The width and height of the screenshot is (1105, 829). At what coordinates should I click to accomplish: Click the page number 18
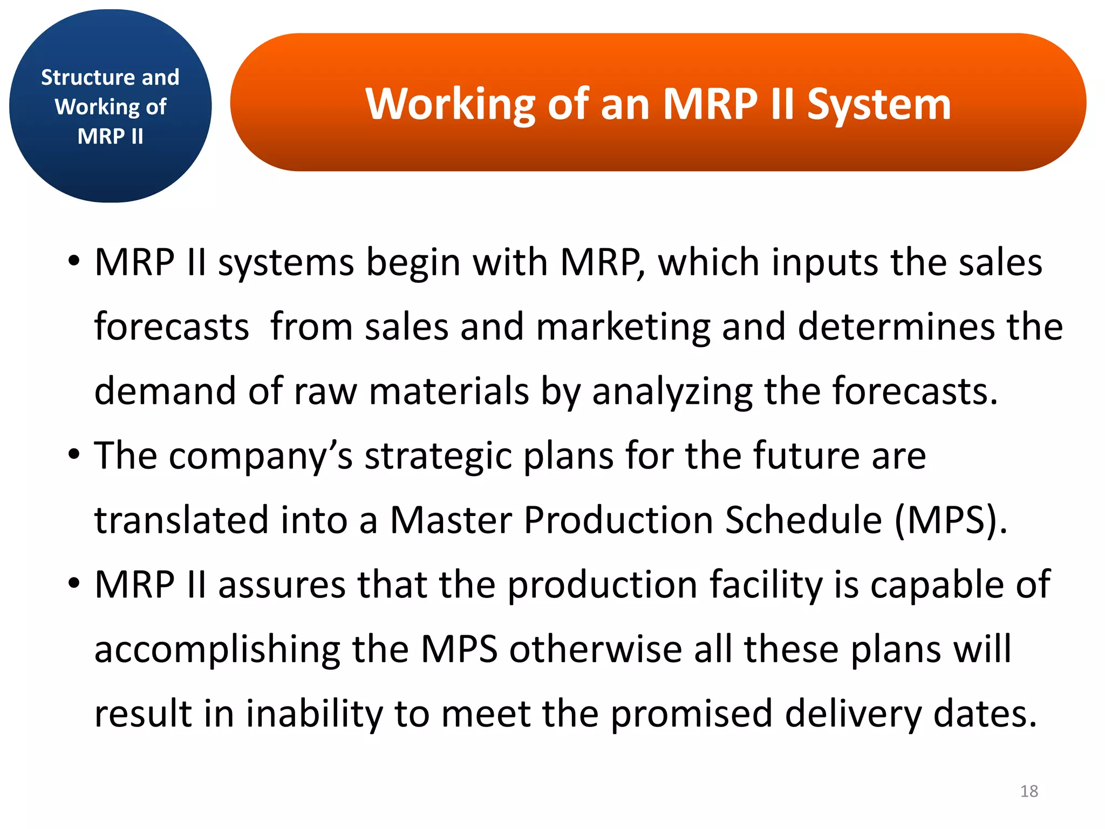[1029, 791]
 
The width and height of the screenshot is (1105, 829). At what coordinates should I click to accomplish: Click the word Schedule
[803, 520]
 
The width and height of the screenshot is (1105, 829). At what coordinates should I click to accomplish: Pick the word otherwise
[596, 649]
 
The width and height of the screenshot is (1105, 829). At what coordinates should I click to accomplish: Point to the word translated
[181, 520]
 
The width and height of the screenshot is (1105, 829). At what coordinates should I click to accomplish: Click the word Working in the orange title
[450, 105]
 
